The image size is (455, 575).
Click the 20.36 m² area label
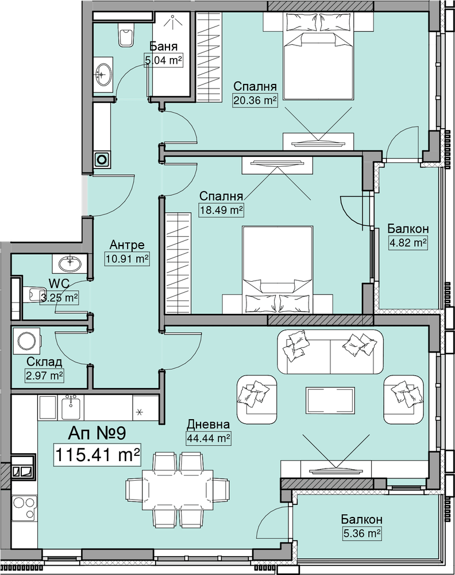point(255,99)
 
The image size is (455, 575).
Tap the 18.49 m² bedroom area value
point(221,210)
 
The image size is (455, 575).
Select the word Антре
point(127,244)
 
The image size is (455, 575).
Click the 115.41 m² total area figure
point(97,455)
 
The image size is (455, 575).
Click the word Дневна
point(209,425)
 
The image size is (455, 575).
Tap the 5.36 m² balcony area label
point(361,533)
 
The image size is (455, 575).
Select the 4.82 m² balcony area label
point(408,243)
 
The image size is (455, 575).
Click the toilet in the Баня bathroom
point(126,36)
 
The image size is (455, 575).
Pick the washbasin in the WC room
point(70,263)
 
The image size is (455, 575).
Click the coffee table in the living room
point(331,400)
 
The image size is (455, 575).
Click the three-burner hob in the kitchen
point(24,507)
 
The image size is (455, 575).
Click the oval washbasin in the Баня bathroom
point(103,74)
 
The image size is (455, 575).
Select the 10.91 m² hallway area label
point(127,259)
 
